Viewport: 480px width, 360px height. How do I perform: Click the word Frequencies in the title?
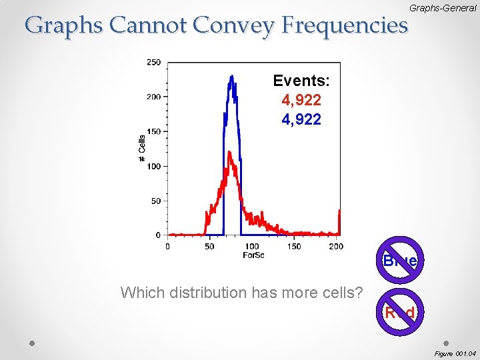344,25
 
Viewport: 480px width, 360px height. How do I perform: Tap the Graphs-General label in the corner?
443,7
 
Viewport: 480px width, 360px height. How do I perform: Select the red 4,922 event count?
301,101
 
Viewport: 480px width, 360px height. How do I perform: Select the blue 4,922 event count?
301,120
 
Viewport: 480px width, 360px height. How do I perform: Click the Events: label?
301,81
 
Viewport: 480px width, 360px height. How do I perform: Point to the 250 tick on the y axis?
153,62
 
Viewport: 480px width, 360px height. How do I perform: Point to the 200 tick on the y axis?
153,97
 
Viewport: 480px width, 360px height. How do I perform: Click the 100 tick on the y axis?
153,166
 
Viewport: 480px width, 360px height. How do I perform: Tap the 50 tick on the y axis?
155,201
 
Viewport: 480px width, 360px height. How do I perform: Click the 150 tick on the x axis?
294,246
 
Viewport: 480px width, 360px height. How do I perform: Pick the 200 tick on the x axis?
336,246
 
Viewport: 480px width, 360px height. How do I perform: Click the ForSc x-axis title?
253,255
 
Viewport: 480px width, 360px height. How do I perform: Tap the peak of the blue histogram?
231,77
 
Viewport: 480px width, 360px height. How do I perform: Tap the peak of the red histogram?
229,153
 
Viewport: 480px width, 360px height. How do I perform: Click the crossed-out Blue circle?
400,261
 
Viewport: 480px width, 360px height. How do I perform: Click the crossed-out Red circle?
400,312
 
